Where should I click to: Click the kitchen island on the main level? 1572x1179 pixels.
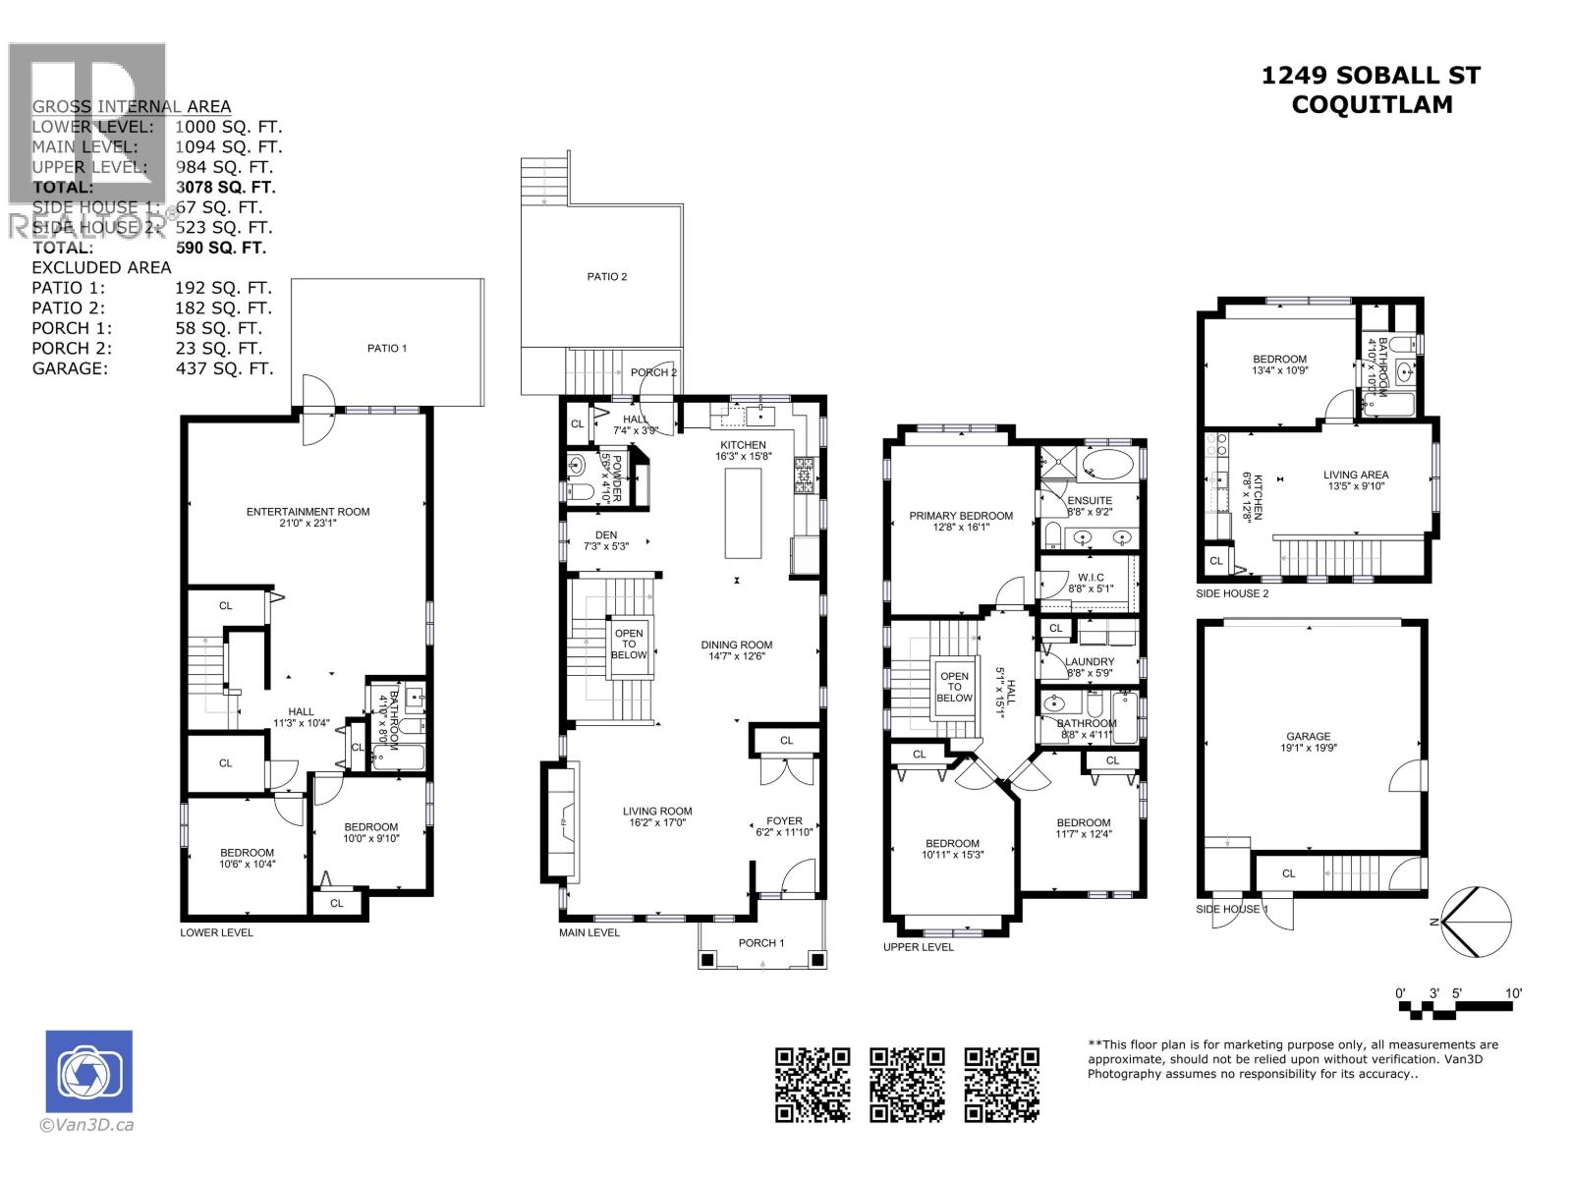(x=743, y=513)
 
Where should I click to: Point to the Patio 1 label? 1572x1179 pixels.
(x=387, y=348)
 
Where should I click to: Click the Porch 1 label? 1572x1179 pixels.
(x=761, y=943)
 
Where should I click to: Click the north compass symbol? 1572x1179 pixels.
(x=1478, y=921)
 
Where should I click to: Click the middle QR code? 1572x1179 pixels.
(x=907, y=1084)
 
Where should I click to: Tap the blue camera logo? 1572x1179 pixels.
(x=88, y=1071)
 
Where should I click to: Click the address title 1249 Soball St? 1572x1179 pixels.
(x=1371, y=76)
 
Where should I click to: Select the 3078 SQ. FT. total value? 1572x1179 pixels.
(x=225, y=187)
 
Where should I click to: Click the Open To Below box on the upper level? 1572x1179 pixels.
(x=954, y=687)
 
